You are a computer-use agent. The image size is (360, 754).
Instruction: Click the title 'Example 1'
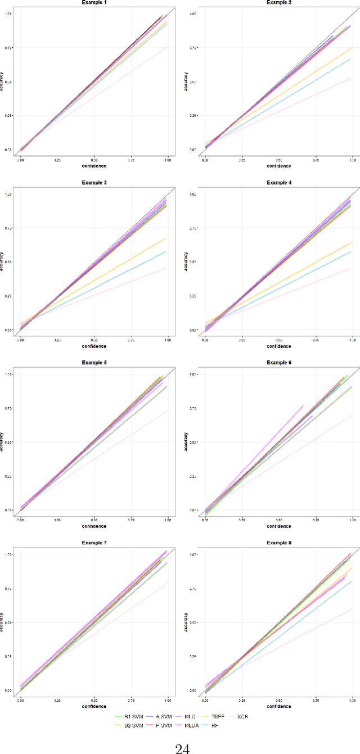[94, 3]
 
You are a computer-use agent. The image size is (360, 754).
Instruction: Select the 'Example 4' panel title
[278, 183]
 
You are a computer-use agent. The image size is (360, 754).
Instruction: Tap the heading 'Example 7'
[94, 543]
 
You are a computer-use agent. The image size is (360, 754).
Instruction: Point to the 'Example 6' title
[278, 363]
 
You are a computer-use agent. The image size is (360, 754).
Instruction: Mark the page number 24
[180, 744]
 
